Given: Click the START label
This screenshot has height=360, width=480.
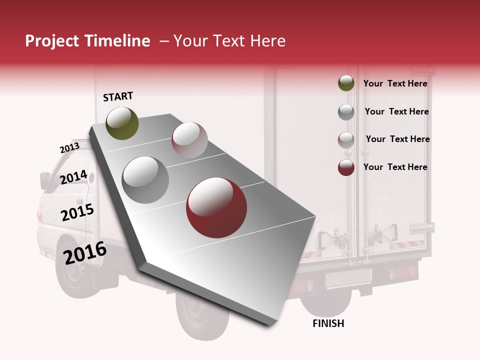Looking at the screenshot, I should [x=118, y=96].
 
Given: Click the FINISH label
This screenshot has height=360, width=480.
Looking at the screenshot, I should [x=328, y=323].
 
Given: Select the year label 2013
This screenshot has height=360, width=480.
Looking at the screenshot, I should [x=69, y=148].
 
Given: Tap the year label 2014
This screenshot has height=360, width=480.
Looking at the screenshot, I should [x=73, y=177].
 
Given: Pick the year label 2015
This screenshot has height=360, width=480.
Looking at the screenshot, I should [x=77, y=212].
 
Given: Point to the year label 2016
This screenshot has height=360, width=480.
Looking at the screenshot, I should [x=85, y=253].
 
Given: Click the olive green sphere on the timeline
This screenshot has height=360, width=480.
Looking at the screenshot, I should [x=122, y=123].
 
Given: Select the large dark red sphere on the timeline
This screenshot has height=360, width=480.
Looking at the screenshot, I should [x=216, y=207].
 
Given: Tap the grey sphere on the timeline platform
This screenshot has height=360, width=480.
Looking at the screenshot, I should [x=145, y=179].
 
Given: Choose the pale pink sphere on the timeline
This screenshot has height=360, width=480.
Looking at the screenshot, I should [x=189, y=140].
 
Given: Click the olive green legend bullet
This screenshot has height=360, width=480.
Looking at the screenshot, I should [x=346, y=83].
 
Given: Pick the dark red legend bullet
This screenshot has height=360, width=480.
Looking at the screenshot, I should [x=346, y=167].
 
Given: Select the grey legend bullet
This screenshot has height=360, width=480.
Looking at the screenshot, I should [x=346, y=112].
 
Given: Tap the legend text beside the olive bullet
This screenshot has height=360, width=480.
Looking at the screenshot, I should [x=395, y=83].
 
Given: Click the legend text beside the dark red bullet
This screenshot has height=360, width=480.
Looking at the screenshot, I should [x=395, y=167].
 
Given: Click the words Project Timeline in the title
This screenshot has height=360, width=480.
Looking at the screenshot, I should [x=87, y=41].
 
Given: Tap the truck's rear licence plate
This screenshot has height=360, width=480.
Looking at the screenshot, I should [x=348, y=278].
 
